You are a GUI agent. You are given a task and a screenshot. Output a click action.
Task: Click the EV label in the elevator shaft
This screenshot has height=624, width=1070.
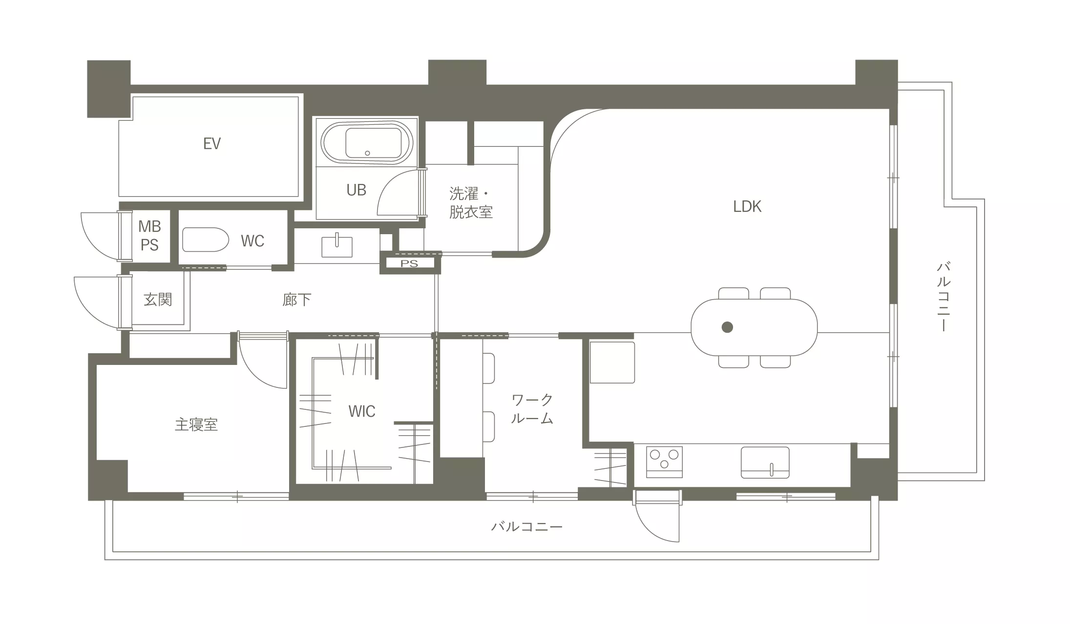click(x=212, y=143)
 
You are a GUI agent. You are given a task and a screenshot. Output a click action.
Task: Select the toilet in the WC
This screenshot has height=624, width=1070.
click(x=205, y=240)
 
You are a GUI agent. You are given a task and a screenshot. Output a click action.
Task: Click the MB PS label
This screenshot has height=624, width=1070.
click(x=149, y=235)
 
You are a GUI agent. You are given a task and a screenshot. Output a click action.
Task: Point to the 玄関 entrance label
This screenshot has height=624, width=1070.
click(x=158, y=299)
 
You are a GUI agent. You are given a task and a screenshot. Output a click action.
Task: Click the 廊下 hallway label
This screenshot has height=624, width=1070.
click(x=296, y=299)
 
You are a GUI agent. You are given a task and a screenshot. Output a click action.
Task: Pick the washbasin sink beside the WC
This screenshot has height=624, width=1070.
click(x=336, y=246)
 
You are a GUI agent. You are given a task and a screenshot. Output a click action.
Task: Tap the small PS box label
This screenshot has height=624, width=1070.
click(x=409, y=263)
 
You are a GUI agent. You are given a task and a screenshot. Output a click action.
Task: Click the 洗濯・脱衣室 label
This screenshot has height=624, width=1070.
click(x=470, y=202)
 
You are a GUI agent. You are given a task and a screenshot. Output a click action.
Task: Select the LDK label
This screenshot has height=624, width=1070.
click(x=747, y=206)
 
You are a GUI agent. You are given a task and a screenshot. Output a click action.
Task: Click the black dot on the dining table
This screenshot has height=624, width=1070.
click(x=727, y=327)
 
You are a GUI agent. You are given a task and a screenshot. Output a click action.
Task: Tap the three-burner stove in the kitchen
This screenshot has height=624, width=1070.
click(x=664, y=462)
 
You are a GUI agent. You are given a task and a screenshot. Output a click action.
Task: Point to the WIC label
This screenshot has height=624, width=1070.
click(x=362, y=411)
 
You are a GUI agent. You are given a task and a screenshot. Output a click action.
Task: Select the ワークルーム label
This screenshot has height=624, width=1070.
click(x=532, y=409)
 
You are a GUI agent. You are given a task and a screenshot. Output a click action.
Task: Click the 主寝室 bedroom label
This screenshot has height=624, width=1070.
click(x=196, y=424)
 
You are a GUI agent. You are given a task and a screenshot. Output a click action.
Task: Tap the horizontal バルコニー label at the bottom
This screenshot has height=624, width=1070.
click(x=527, y=526)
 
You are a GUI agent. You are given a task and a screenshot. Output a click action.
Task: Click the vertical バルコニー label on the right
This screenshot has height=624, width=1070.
click(x=944, y=297)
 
